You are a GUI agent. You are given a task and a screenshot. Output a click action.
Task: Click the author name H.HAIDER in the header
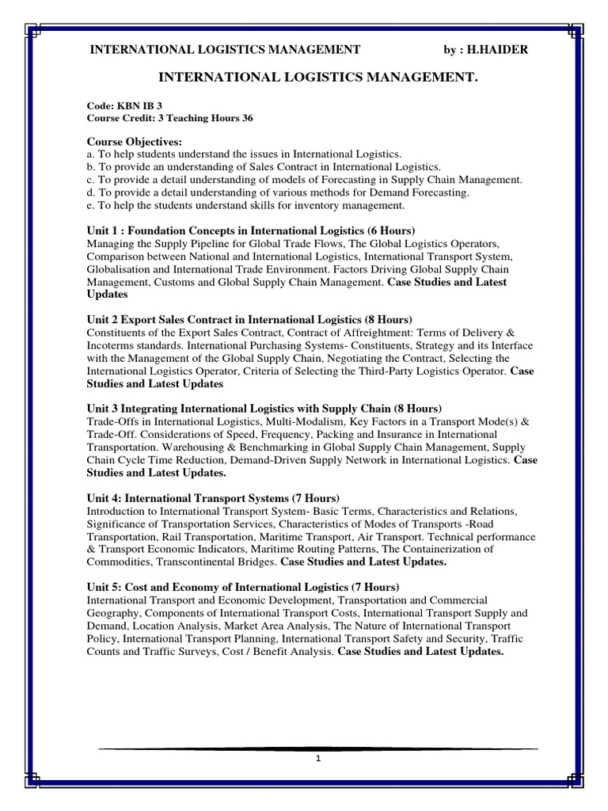498,50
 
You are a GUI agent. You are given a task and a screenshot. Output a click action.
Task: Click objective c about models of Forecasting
304,180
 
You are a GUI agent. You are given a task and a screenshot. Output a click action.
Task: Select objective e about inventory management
245,205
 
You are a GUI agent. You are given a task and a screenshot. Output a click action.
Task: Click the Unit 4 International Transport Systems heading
213,497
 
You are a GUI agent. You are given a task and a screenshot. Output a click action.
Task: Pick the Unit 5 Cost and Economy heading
243,587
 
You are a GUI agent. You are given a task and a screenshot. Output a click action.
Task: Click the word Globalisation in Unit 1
119,268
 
